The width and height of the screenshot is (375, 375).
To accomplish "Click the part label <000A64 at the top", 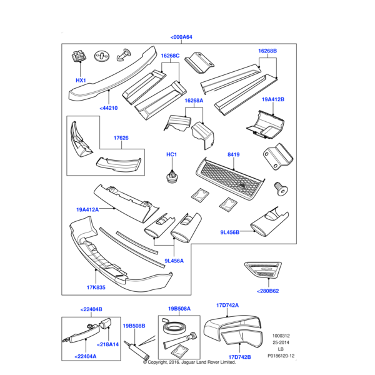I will pyautogui.click(x=181, y=37).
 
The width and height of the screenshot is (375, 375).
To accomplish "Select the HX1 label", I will pyautogui.click(x=81, y=81).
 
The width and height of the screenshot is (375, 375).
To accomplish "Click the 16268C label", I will pyautogui.click(x=170, y=56).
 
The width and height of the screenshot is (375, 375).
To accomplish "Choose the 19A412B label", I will pyautogui.click(x=272, y=99).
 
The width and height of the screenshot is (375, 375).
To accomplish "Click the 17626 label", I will pyautogui.click(x=121, y=137).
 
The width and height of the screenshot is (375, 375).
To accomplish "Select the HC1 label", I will pyautogui.click(x=171, y=154).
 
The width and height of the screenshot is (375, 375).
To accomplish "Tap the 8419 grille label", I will pyautogui.click(x=234, y=154).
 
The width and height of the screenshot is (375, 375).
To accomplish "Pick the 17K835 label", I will pyautogui.click(x=96, y=288).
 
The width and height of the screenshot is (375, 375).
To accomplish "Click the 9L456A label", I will pyautogui.click(x=174, y=261).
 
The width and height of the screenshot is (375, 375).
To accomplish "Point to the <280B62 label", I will pyautogui.click(x=267, y=291).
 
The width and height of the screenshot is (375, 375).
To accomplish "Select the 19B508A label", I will pyautogui.click(x=179, y=308).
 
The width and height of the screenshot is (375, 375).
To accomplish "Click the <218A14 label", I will pyautogui.click(x=108, y=344).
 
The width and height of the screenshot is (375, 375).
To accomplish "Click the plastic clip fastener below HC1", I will pyautogui.click(x=171, y=177).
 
